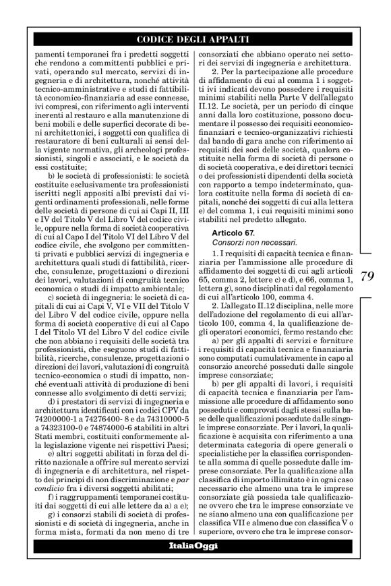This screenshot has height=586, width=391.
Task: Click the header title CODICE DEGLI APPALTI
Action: point(195,39)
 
